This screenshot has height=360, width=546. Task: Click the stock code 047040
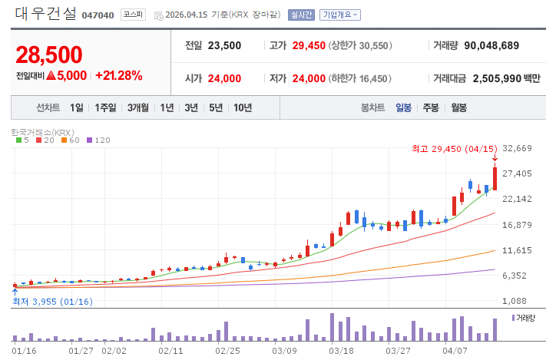[x=98, y=15]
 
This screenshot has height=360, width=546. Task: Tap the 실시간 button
[x=301, y=15]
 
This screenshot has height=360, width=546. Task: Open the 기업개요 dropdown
[x=340, y=15]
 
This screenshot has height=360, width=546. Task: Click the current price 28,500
[x=49, y=54]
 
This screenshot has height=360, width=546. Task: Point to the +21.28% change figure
[x=119, y=75]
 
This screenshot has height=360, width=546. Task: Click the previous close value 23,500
[x=224, y=45]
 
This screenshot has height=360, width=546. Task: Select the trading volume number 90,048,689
[x=491, y=45]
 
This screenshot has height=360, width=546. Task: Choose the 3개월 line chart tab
[x=138, y=107]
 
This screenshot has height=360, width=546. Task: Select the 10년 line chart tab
[x=243, y=107]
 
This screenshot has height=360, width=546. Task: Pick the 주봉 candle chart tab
[x=431, y=107]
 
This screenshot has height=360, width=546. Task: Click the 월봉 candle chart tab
[x=458, y=107]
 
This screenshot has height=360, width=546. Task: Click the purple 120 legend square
[x=90, y=140]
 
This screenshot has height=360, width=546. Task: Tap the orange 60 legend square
[x=64, y=140]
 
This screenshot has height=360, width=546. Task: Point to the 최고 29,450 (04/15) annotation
[x=455, y=149]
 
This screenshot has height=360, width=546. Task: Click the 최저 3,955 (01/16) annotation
[x=52, y=302]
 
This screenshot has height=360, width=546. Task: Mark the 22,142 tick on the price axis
[x=517, y=199]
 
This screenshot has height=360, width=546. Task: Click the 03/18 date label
[x=341, y=351]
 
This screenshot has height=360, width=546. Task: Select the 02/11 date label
[x=170, y=351]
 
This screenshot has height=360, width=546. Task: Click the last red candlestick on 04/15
[x=495, y=177]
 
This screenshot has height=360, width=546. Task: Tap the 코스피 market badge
[x=133, y=15]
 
